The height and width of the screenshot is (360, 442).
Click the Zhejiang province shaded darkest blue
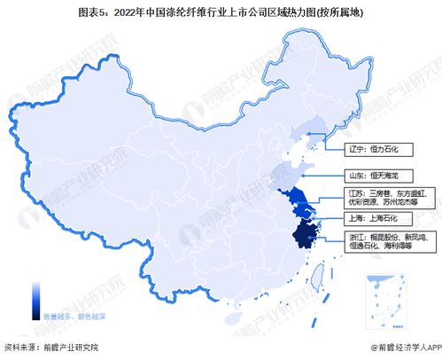(305, 234)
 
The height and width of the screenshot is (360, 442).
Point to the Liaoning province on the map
(312, 136)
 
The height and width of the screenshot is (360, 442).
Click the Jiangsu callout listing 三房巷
(383, 196)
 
